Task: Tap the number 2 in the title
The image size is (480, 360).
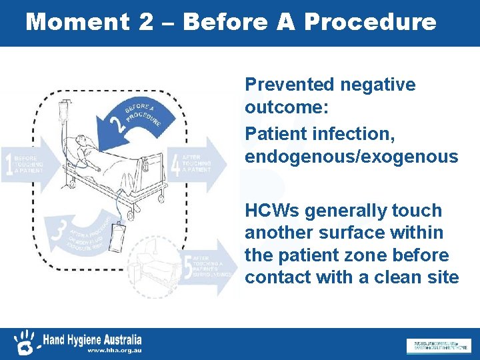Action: (146, 22)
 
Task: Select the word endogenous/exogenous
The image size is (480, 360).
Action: (351, 157)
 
